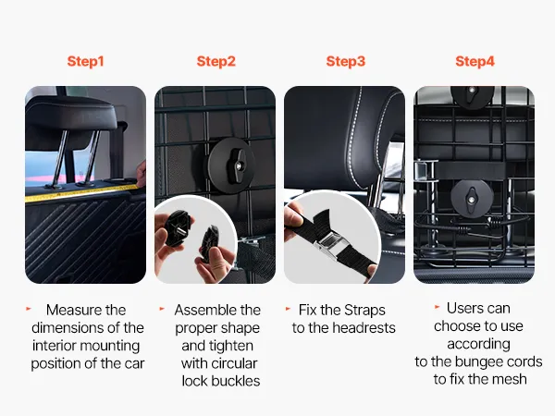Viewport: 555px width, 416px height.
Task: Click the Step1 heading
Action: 85,61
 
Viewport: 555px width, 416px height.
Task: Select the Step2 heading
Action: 216,61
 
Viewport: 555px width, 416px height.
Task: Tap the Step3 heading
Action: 345,61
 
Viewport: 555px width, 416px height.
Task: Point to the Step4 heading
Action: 475,61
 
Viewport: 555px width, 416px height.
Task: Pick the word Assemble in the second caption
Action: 205,310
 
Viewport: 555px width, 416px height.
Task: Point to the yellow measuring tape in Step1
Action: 81,191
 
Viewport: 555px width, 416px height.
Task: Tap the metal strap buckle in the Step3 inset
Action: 328,244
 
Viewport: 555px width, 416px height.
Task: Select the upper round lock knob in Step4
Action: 471,95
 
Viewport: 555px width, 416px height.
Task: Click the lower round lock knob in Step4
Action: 471,198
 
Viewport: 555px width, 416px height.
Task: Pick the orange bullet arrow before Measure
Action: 29,309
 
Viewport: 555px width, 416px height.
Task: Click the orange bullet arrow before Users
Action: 438,307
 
